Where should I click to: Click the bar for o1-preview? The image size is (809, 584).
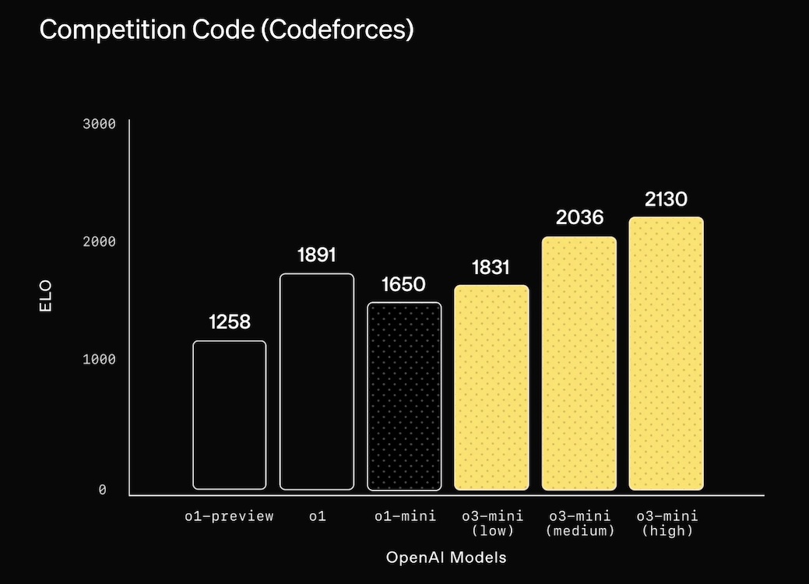pyautogui.click(x=230, y=415)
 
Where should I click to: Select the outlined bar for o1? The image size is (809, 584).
pyautogui.click(x=317, y=382)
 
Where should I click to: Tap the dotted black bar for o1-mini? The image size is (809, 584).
pyautogui.click(x=404, y=396)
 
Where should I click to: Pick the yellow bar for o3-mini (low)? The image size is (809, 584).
pyautogui.click(x=491, y=388)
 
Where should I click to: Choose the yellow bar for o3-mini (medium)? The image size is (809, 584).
pyautogui.click(x=579, y=364)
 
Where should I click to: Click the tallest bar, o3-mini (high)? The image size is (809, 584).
pyautogui.click(x=667, y=354)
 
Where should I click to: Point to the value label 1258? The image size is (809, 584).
pyautogui.click(x=230, y=322)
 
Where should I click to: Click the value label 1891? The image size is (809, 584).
pyautogui.click(x=317, y=255)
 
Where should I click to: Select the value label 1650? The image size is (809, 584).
pyautogui.click(x=404, y=284)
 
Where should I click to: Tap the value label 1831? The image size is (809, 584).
pyautogui.click(x=491, y=267)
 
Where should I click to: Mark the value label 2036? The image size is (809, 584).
pyautogui.click(x=579, y=217)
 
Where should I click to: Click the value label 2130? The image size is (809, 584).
pyautogui.click(x=667, y=199)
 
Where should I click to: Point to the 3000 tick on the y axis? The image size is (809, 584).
pyautogui.click(x=99, y=124)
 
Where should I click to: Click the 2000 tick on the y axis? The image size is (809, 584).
pyautogui.click(x=99, y=242)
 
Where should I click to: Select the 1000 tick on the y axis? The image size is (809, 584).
pyautogui.click(x=99, y=360)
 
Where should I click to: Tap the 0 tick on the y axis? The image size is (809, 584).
pyautogui.click(x=102, y=490)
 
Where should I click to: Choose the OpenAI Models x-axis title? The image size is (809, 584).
pyautogui.click(x=446, y=558)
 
